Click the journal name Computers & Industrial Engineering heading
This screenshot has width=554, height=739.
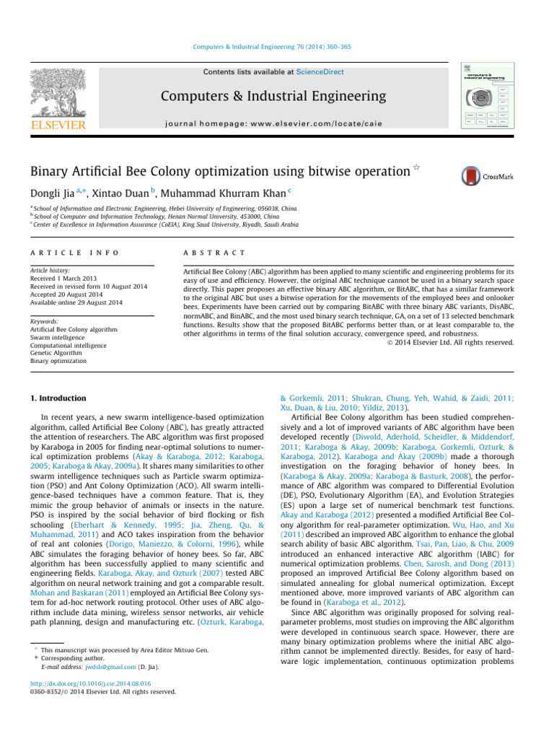tap(274, 96)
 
